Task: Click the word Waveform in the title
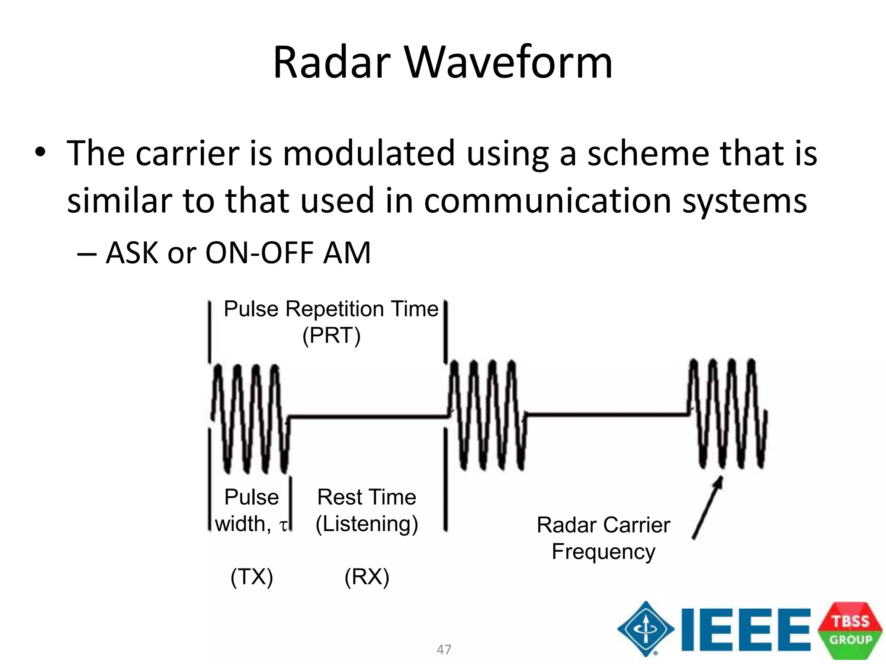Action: pos(509,63)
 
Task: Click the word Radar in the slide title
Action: pos(332,63)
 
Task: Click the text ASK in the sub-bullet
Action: pos(132,253)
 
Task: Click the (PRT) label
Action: pos(331,335)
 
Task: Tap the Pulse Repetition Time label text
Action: pos(331,309)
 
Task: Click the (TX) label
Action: pos(252,577)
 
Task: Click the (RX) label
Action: pos(367,577)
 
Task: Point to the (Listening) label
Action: pos(367,524)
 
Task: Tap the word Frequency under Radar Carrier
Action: pos(604,552)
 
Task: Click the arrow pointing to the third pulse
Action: pos(707,508)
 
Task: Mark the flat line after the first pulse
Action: pos(368,417)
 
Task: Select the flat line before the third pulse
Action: pos(606,415)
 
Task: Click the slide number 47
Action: pos(444,649)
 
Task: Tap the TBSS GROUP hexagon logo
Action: pos(850,630)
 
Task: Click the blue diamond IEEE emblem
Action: pos(645,629)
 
